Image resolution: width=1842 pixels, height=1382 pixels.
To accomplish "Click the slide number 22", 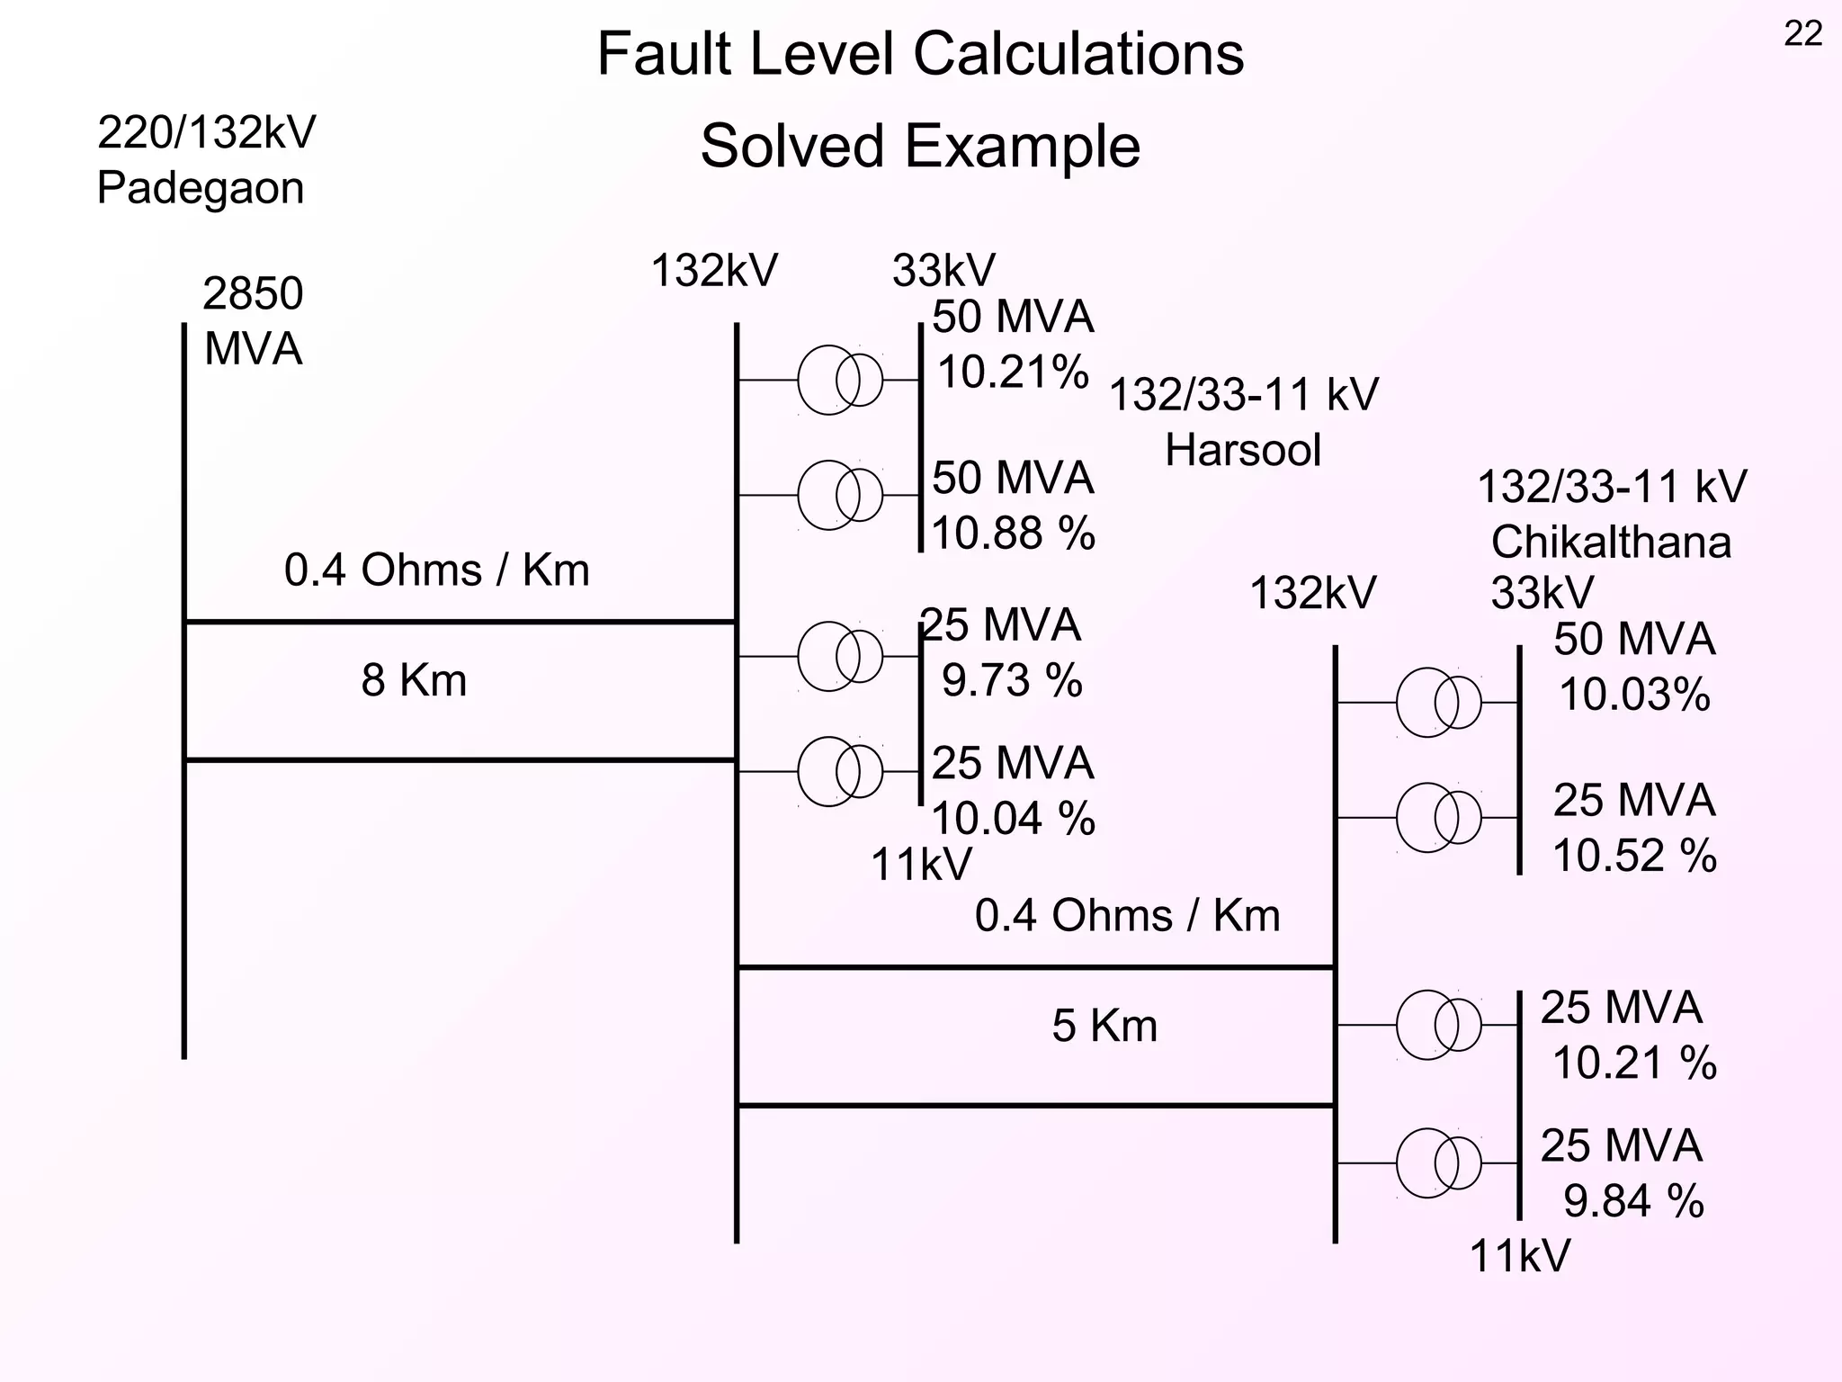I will pyautogui.click(x=1802, y=34).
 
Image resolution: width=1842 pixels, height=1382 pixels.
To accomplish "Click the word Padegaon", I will pyautogui.click(x=200, y=189).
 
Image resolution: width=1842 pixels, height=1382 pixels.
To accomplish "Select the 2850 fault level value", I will pyautogui.click(x=253, y=294).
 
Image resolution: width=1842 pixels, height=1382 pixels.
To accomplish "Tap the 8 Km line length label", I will pyautogui.click(x=414, y=680).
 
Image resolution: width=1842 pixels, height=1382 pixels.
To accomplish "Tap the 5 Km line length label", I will pyautogui.click(x=1104, y=1026).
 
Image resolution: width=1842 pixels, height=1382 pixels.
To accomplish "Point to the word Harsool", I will pyautogui.click(x=1243, y=450).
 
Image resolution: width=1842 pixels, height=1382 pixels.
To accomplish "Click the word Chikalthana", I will pyautogui.click(x=1611, y=543).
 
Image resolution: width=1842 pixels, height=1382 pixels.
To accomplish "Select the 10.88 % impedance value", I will pyautogui.click(x=1013, y=534).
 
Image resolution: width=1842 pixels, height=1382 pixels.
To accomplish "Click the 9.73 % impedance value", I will pyautogui.click(x=1012, y=680).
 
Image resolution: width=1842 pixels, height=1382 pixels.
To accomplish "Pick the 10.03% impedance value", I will pyautogui.click(x=1634, y=695).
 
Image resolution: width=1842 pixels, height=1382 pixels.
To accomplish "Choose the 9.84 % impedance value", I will pyautogui.click(x=1633, y=1202).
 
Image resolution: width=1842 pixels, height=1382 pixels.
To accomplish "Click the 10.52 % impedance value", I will pyautogui.click(x=1634, y=856).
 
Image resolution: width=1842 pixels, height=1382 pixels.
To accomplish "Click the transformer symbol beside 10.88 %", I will pyautogui.click(x=840, y=496).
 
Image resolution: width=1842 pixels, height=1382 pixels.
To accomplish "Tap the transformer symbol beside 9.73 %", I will pyautogui.click(x=840, y=657).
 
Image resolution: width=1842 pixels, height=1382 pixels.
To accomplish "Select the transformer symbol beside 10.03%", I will pyautogui.click(x=1438, y=703).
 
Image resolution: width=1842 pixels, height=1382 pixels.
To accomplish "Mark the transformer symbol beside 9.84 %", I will pyautogui.click(x=1438, y=1163).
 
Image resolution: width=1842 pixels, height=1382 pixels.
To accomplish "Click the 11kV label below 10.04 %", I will pyautogui.click(x=921, y=866).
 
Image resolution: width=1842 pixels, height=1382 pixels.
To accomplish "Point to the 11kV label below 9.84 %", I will pyautogui.click(x=1519, y=1256).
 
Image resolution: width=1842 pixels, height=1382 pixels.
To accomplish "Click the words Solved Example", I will pyautogui.click(x=920, y=147).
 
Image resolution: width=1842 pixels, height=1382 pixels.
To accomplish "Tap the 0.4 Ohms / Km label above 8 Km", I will pyautogui.click(x=436, y=570).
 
